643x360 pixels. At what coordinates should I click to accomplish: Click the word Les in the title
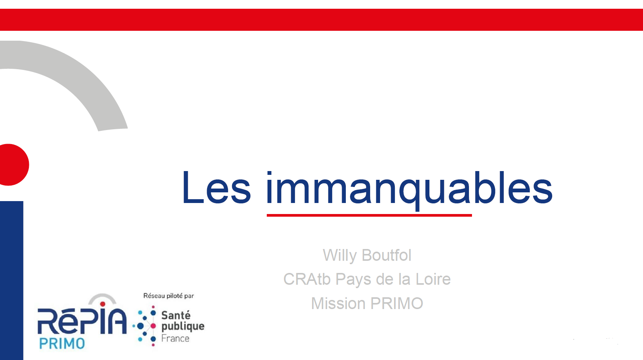point(217,187)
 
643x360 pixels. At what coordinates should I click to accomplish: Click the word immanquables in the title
point(409,189)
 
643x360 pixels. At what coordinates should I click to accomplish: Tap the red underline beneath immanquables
point(369,215)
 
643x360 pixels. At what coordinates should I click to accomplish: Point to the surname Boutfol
point(386,255)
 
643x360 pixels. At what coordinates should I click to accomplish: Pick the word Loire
point(433,279)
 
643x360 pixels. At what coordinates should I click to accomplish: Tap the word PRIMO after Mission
point(397,303)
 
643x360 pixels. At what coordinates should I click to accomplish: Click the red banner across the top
point(321,19)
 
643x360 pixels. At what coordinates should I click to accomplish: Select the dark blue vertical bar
point(11,281)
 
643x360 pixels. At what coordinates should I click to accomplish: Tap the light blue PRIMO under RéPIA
point(62,343)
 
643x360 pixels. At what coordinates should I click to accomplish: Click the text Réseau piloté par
point(168,296)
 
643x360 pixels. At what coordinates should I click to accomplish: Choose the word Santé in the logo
point(176,315)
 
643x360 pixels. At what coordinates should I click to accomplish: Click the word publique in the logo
point(183,327)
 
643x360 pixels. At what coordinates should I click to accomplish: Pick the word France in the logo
point(175,338)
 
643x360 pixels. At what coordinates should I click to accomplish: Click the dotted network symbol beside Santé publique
point(145,326)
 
